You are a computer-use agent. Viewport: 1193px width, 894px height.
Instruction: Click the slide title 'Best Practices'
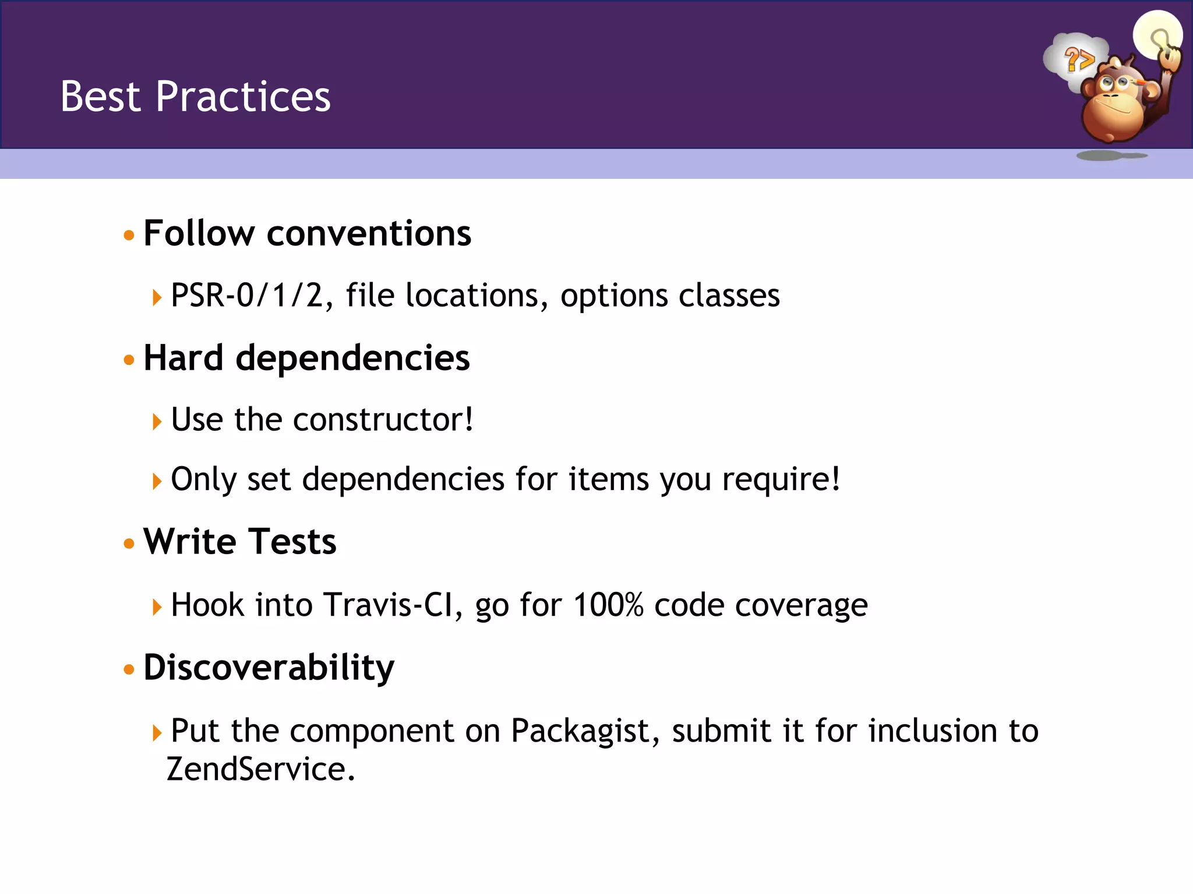pyautogui.click(x=195, y=97)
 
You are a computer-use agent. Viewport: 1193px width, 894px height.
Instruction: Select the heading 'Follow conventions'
pyautogui.click(x=307, y=233)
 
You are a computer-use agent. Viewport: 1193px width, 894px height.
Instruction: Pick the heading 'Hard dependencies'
pyautogui.click(x=306, y=357)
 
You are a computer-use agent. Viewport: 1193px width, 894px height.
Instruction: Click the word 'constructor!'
pyautogui.click(x=383, y=420)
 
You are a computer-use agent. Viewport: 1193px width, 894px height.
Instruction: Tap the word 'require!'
pyautogui.click(x=781, y=480)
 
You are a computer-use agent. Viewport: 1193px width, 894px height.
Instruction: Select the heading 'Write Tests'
pyautogui.click(x=240, y=542)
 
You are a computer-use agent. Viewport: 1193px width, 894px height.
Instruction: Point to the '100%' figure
pyautogui.click(x=608, y=605)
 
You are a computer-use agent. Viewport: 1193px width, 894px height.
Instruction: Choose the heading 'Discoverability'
pyautogui.click(x=269, y=667)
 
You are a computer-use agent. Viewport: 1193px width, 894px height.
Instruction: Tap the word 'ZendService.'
pyautogui.click(x=260, y=769)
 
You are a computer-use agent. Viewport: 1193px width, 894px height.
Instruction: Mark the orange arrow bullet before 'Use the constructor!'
pyautogui.click(x=156, y=421)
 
